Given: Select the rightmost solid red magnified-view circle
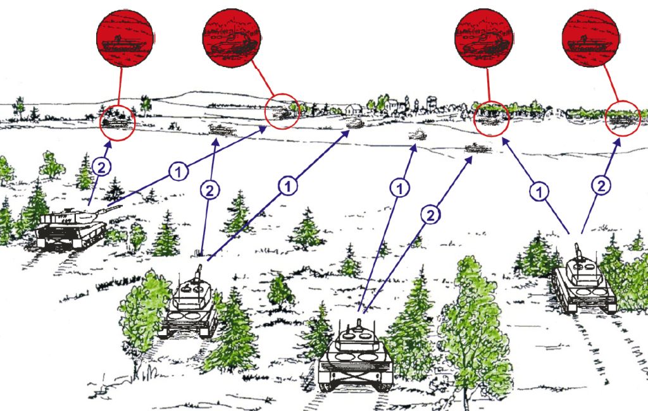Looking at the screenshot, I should tap(590, 39).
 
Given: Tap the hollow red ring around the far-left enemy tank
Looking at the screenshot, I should tap(118, 120).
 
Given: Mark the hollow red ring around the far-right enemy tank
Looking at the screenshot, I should tap(623, 118).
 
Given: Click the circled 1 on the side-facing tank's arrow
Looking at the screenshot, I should tap(178, 171).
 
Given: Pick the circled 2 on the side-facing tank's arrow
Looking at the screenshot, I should tap(102, 167).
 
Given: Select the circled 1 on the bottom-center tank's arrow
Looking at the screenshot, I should tap(400, 187).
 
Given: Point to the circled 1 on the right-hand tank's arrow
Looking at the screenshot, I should tap(539, 192).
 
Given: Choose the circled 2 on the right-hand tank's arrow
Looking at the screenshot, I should tap(602, 185).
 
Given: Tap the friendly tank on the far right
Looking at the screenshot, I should tap(583, 283).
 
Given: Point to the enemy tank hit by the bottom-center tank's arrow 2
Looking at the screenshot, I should tap(474, 148).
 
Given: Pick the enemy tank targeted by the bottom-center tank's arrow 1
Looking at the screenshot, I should tap(416, 134).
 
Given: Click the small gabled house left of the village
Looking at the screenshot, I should tap(355, 109).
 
